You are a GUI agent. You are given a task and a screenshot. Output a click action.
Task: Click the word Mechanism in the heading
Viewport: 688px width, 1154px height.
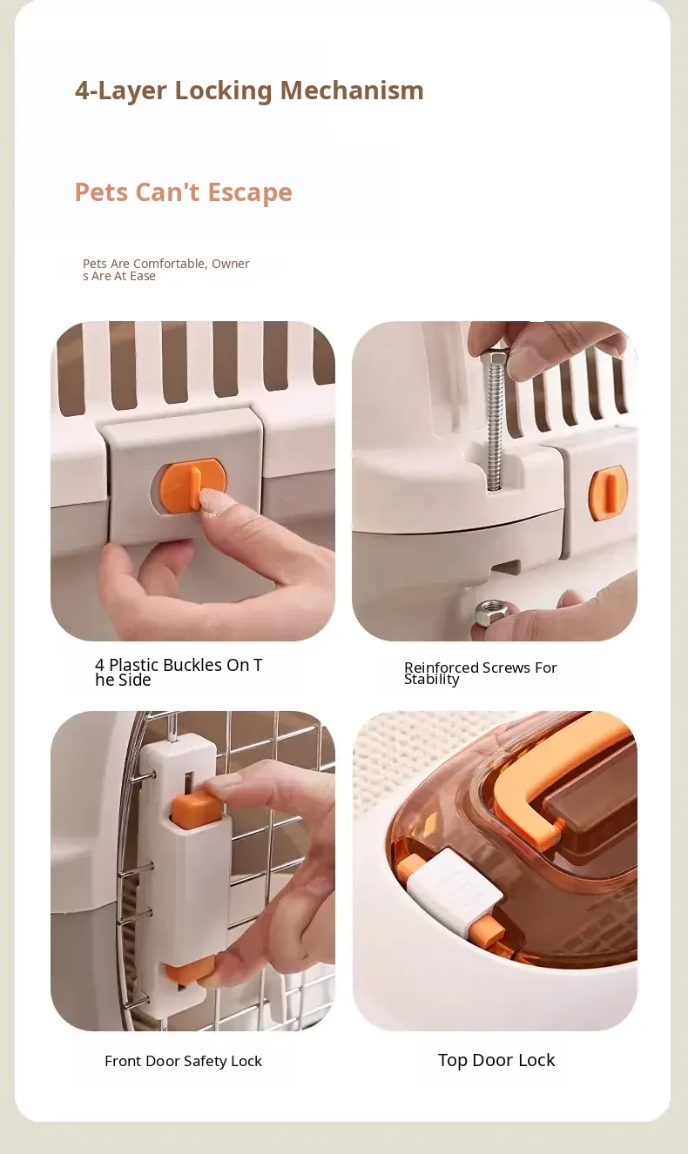(352, 91)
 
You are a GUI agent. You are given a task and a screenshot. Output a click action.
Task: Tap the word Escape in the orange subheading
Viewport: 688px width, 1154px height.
(250, 192)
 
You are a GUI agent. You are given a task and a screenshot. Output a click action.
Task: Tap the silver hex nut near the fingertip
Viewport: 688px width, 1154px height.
(490, 612)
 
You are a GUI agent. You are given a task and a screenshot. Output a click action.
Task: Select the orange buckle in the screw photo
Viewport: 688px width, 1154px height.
(608, 493)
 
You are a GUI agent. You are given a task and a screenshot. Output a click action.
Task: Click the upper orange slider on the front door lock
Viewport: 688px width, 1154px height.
(195, 811)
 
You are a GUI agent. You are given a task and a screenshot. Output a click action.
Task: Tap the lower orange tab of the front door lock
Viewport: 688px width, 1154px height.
(189, 973)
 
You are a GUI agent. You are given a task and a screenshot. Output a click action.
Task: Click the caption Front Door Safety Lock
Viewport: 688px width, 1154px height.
(184, 1061)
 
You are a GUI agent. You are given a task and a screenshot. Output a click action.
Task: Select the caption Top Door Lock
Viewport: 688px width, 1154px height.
(496, 1060)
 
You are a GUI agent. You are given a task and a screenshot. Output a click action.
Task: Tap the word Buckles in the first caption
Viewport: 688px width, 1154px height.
(192, 665)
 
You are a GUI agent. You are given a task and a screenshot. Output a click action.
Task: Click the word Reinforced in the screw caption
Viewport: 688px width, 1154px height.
(442, 668)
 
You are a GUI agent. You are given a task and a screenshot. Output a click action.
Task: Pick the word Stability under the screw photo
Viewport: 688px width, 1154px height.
(431, 680)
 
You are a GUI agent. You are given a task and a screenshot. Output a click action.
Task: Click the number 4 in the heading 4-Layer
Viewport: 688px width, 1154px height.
(83, 91)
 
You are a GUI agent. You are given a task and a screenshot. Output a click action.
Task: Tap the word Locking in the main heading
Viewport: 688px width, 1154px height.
(223, 91)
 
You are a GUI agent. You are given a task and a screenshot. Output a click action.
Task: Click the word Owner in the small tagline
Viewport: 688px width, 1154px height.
(231, 264)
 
